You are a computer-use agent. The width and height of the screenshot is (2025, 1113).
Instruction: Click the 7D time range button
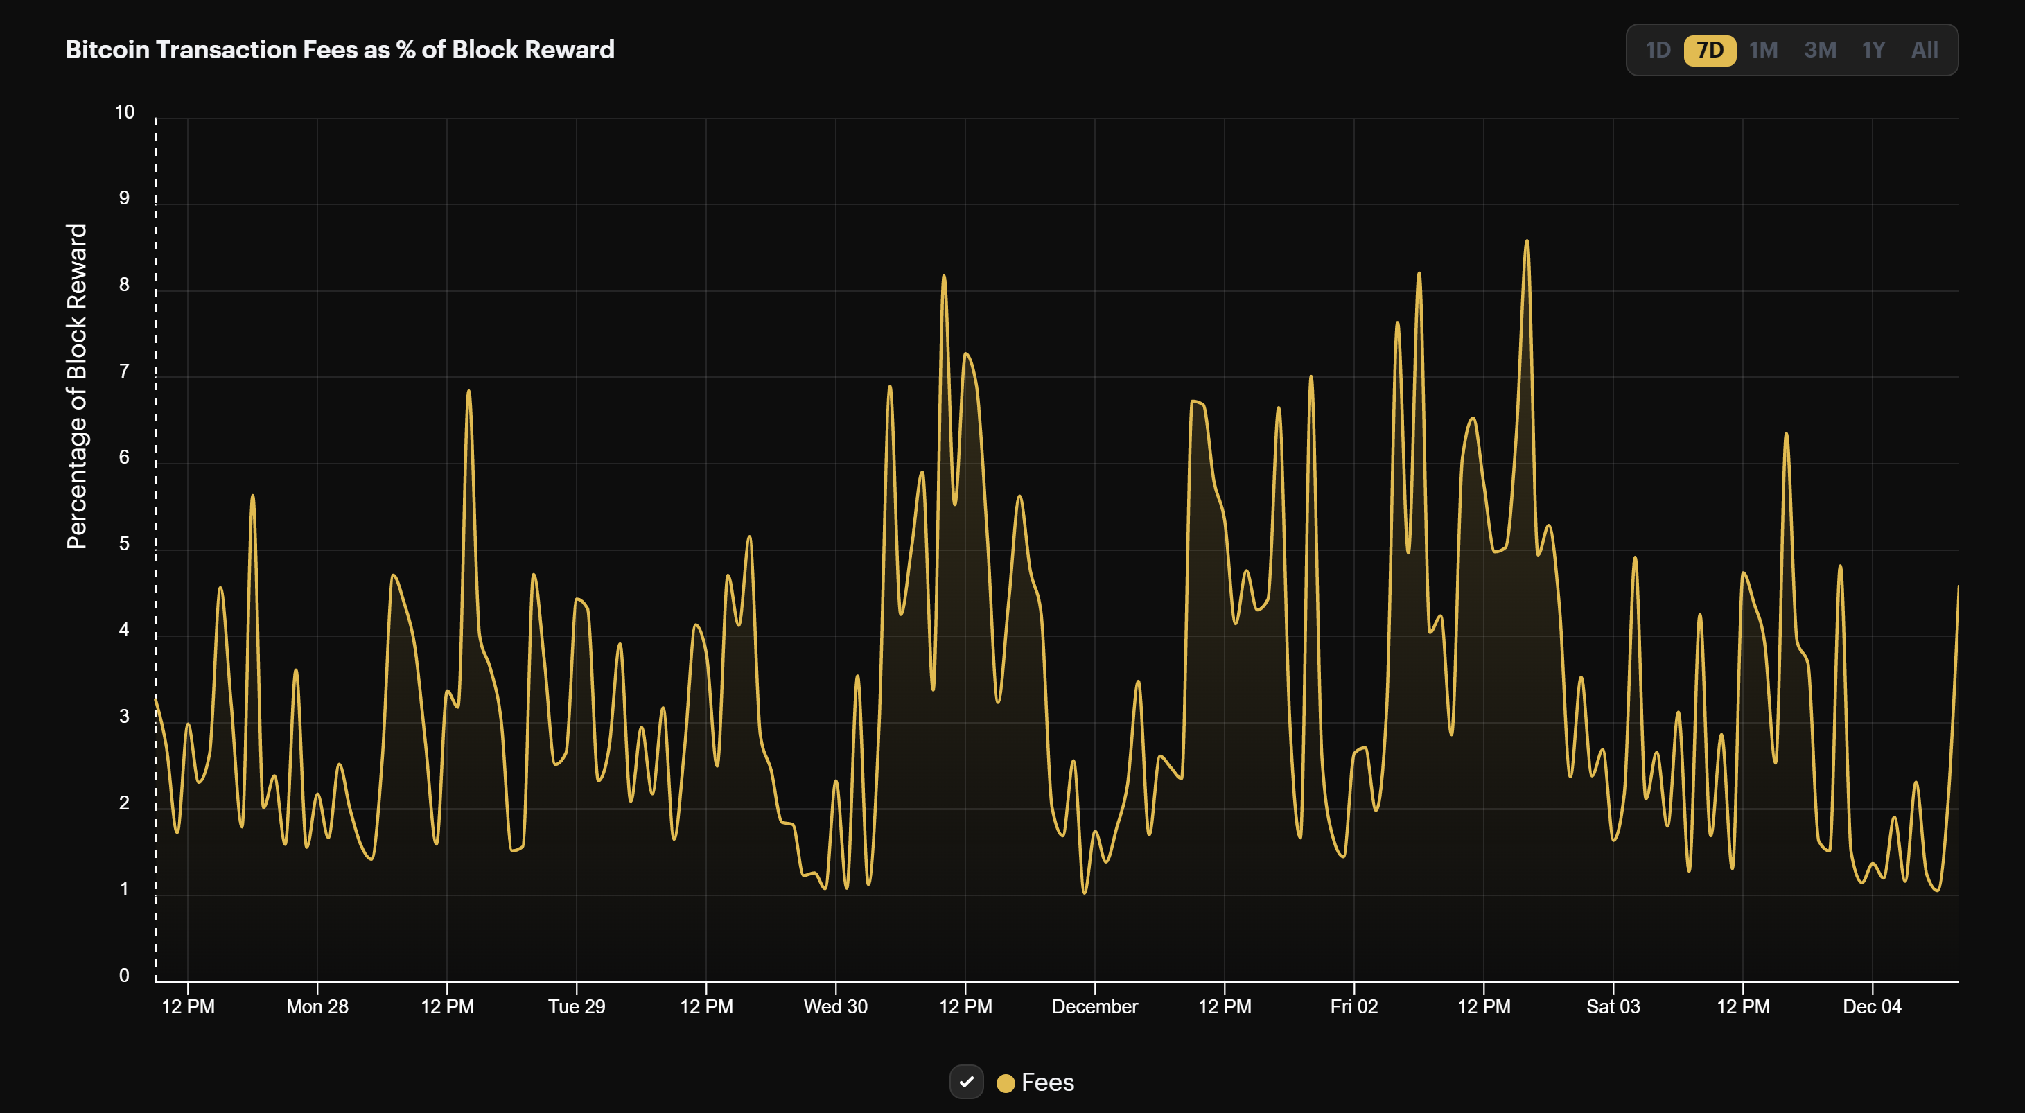(1709, 51)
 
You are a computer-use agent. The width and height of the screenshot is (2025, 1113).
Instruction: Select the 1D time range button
(1657, 51)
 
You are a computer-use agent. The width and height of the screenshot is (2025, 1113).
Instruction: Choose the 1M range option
(1762, 51)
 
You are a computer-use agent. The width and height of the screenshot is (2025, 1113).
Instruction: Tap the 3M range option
(1819, 51)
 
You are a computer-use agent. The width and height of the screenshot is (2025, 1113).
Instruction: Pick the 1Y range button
(1873, 51)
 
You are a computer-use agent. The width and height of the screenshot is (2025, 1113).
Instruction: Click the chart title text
(340, 49)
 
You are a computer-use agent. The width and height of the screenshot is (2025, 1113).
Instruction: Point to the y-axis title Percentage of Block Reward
(76, 385)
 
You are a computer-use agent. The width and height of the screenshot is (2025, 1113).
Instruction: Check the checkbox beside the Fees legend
(966, 1082)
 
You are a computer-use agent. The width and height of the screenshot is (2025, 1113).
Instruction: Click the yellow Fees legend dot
(1005, 1083)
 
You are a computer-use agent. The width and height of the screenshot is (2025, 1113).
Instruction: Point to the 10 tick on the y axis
(124, 112)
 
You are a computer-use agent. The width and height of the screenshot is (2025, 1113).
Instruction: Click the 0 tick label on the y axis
(124, 976)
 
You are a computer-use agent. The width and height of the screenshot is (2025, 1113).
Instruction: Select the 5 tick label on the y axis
(124, 544)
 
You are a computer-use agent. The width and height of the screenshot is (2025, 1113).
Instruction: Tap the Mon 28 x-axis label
(317, 1007)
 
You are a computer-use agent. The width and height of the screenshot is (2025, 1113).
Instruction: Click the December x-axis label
(1094, 1007)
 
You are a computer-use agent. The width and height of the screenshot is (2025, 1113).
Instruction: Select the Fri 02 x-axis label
(1353, 1007)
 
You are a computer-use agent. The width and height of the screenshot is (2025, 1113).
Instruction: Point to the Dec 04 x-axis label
(1872, 1007)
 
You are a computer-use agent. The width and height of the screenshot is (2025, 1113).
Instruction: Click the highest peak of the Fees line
(1527, 241)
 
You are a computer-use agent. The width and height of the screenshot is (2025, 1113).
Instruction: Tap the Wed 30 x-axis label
(835, 1007)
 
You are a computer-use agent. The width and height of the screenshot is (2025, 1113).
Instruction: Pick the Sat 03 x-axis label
(1613, 1007)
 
